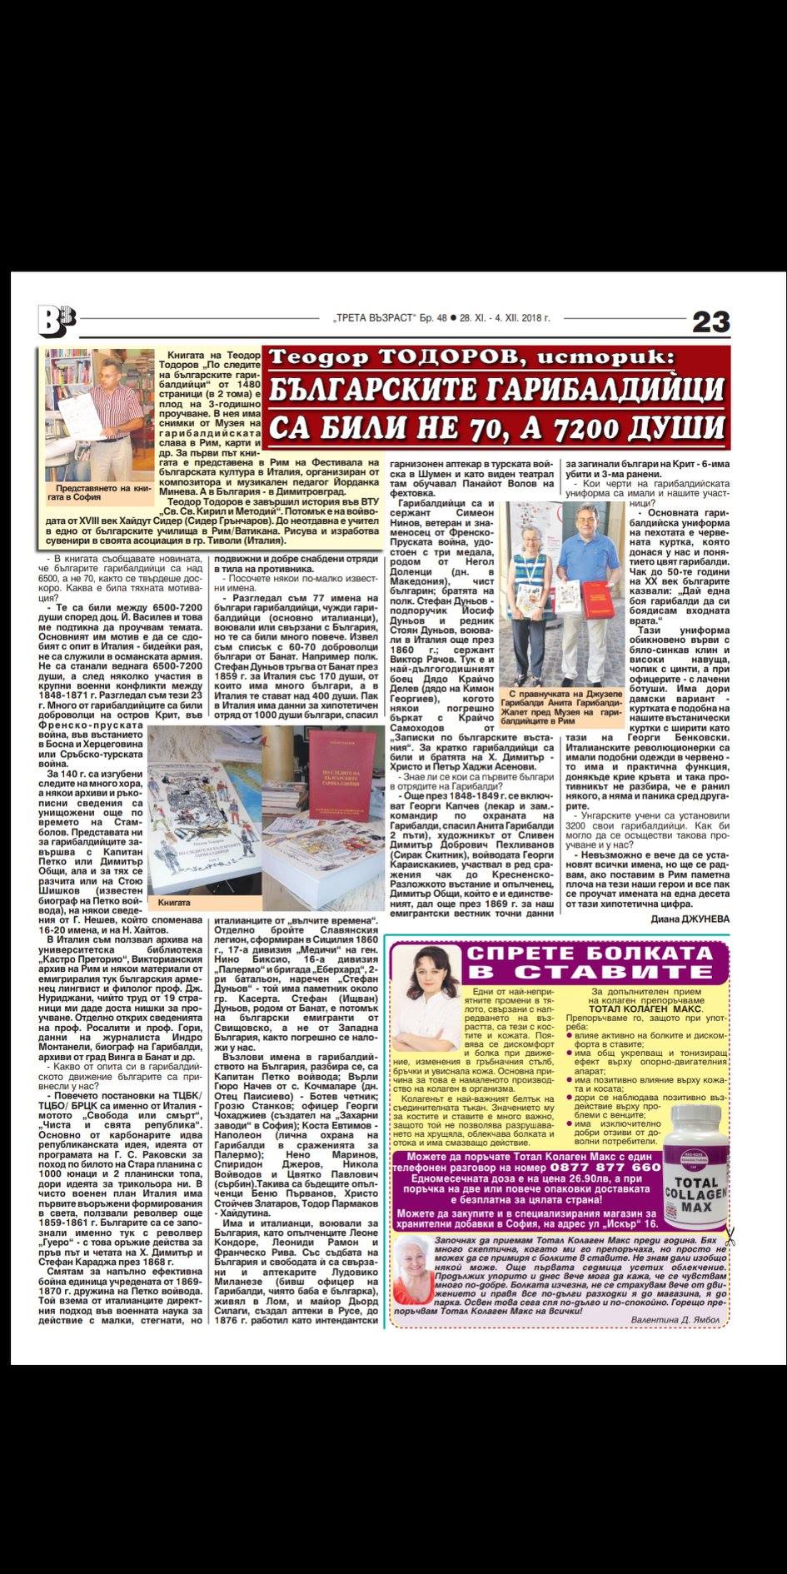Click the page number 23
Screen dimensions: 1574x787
coord(710,321)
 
